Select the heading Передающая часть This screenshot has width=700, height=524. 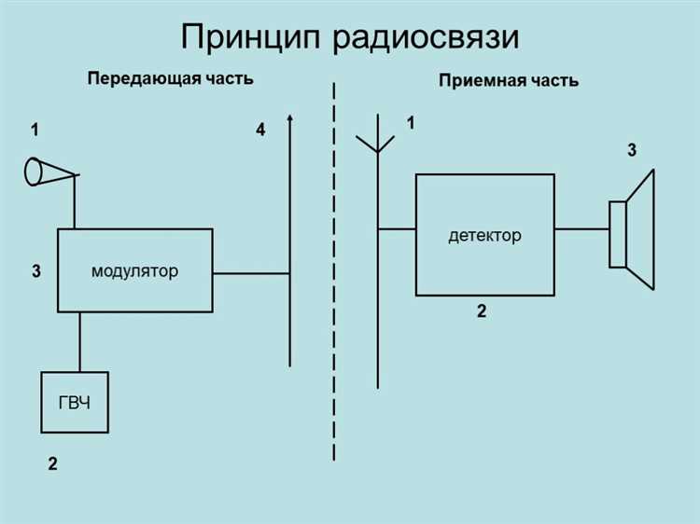point(171,79)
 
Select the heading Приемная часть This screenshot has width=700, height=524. point(508,81)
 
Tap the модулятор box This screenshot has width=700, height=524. point(135,270)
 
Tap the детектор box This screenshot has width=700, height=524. point(484,234)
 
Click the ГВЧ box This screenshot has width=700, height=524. point(75,402)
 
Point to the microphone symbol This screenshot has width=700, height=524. point(47,172)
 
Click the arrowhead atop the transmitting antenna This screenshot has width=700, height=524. point(290,119)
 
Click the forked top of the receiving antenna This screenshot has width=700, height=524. point(376,138)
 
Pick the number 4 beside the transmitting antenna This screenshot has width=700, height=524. point(260,131)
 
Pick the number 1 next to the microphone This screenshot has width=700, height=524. point(35,131)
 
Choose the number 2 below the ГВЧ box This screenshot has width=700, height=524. point(53,462)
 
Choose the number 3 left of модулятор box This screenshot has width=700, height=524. point(35,272)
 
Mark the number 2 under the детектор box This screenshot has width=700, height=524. point(482,312)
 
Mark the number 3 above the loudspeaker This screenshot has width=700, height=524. point(632,149)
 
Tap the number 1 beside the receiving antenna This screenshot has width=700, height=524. point(410,123)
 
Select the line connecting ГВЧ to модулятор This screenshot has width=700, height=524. point(79,341)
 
